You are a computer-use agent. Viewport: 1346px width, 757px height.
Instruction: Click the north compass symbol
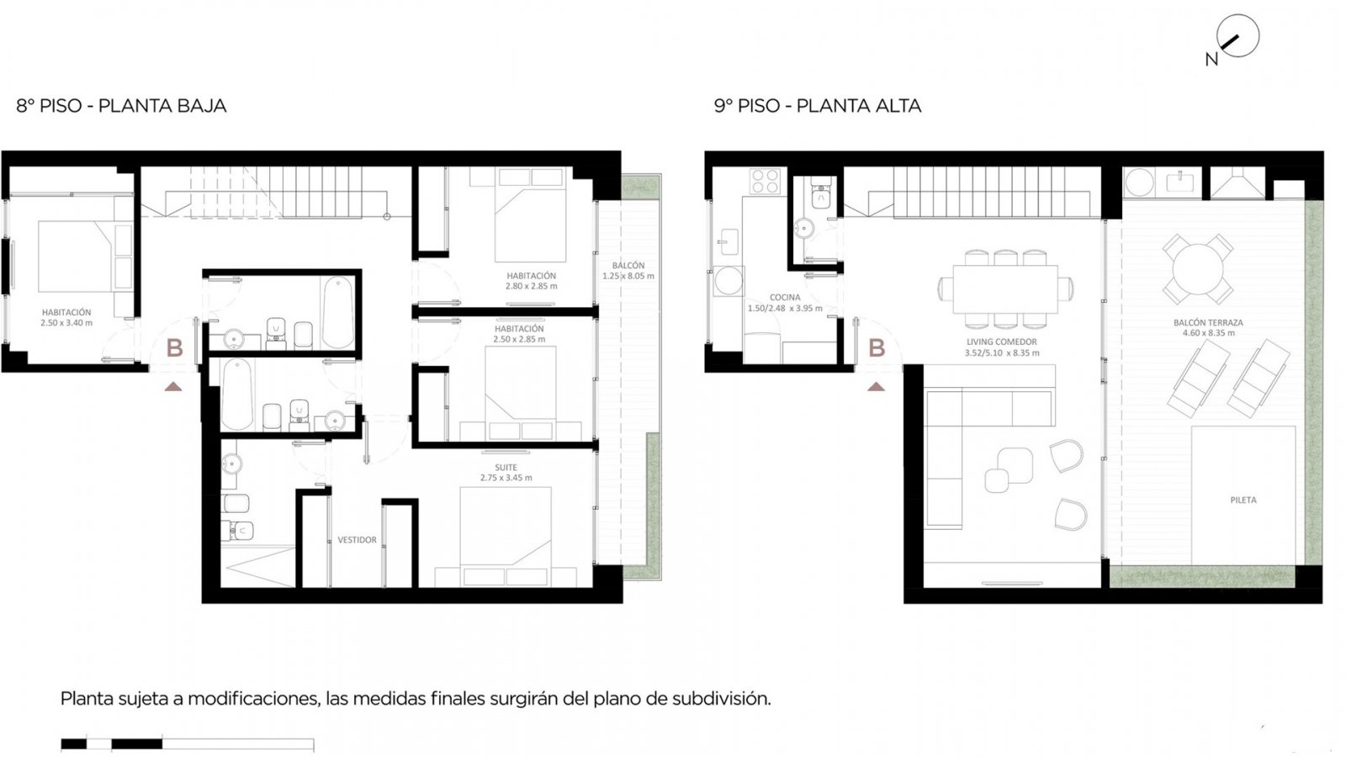(1237, 36)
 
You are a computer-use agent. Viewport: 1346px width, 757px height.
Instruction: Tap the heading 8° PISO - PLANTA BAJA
(121, 106)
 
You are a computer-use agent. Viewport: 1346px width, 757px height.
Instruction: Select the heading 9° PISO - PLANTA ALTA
(818, 106)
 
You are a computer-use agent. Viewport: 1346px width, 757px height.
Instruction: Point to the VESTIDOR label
(357, 539)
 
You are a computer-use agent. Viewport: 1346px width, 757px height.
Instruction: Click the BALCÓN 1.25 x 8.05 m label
(628, 270)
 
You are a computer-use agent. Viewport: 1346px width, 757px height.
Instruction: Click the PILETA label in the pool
(1243, 500)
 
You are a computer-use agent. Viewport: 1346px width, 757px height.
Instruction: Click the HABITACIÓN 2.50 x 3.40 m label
(66, 317)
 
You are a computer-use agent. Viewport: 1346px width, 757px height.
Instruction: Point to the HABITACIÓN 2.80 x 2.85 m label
(531, 281)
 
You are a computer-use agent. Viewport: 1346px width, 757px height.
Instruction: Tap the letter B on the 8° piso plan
(174, 347)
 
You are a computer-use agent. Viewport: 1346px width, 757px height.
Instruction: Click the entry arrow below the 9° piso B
(876, 387)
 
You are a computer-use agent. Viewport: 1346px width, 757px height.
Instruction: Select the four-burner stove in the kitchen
(765, 181)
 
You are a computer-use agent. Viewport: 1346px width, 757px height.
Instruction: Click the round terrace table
(1198, 269)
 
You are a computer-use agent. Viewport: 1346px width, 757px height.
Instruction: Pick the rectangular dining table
(1005, 289)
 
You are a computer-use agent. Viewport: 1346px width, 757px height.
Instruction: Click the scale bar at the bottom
(187, 744)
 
